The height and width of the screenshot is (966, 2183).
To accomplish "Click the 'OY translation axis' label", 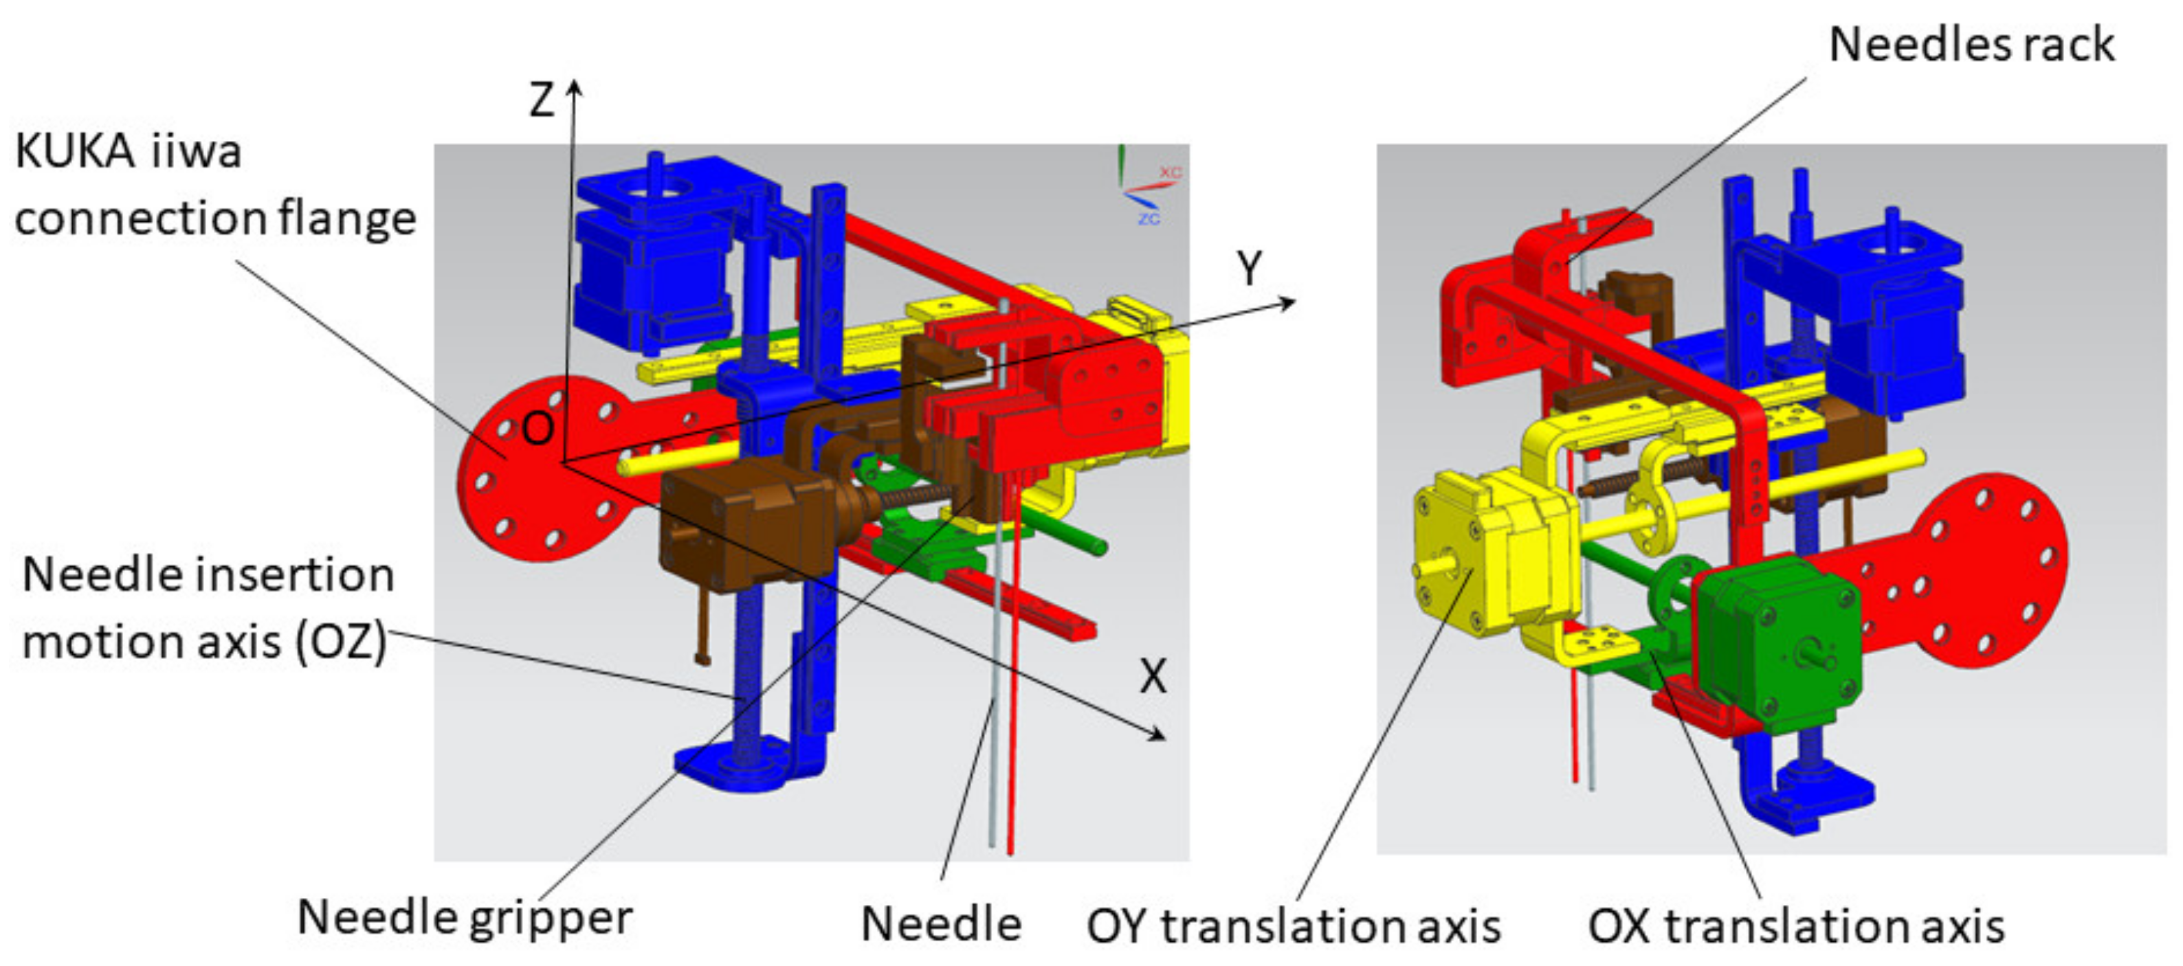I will [1293, 926].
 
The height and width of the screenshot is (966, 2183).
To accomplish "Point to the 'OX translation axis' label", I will [1796, 926].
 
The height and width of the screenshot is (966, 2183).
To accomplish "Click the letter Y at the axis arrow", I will [1249, 269].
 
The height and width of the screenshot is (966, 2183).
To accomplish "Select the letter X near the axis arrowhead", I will [1153, 676].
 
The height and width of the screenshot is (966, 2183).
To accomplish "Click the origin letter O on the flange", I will [538, 428].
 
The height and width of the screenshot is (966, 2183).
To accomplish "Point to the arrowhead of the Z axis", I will [575, 87].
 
